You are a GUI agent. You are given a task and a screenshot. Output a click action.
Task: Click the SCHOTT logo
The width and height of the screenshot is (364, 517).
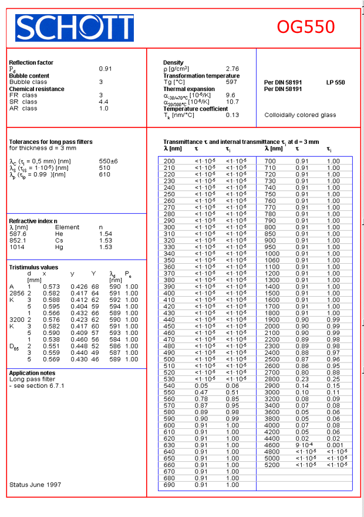(x=74, y=28)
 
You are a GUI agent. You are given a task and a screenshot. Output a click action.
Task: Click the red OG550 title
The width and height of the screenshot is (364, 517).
(x=306, y=27)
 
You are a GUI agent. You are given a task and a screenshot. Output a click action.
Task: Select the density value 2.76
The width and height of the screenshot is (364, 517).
(x=232, y=69)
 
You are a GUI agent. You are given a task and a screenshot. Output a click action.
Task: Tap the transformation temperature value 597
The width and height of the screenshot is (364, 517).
(x=231, y=82)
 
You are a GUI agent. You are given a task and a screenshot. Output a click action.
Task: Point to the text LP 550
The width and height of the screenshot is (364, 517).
(x=335, y=82)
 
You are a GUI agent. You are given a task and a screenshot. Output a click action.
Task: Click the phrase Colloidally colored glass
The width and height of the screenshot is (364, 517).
(x=300, y=115)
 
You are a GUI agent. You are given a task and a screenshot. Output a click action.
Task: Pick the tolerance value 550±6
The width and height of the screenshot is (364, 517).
(x=108, y=161)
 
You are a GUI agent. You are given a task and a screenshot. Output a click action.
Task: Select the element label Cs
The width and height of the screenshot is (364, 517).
(x=59, y=240)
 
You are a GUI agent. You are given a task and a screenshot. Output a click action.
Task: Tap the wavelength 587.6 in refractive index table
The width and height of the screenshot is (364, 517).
(x=18, y=234)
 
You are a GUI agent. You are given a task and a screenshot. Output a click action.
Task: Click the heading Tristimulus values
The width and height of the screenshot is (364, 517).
(x=33, y=267)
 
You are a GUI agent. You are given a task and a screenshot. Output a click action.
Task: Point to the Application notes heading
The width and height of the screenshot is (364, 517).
(x=32, y=373)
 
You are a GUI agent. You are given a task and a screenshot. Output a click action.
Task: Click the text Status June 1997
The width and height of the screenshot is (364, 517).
(x=35, y=485)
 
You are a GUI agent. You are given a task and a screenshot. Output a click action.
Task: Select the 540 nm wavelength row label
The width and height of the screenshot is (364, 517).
(x=169, y=386)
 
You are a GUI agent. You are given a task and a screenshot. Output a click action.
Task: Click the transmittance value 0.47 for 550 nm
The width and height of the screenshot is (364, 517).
(x=201, y=392)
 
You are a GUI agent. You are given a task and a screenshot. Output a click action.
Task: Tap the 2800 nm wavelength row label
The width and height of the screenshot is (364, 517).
(x=272, y=379)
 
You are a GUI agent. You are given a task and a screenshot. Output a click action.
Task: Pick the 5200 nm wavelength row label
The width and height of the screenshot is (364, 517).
(x=272, y=465)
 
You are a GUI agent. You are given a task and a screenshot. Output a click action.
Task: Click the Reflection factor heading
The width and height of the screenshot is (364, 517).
(x=31, y=62)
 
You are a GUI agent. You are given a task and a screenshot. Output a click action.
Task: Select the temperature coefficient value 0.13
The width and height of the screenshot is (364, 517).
(x=232, y=115)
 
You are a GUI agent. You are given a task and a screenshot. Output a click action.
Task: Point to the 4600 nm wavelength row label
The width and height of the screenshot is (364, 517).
(x=272, y=445)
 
